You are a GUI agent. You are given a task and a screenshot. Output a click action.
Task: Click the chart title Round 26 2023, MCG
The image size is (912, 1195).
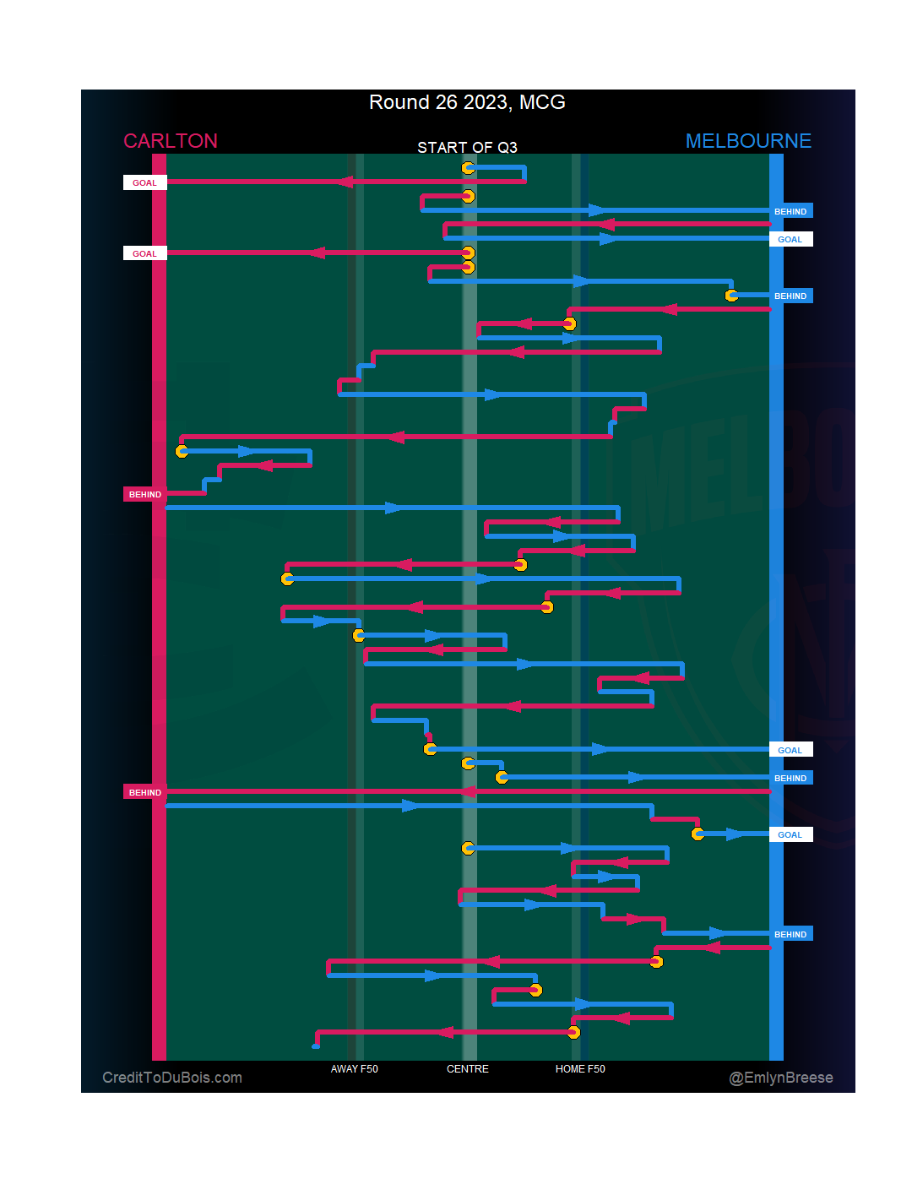[467, 102]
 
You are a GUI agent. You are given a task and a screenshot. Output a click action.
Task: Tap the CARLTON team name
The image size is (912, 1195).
[171, 141]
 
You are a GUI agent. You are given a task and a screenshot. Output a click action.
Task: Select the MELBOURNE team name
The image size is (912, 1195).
[748, 141]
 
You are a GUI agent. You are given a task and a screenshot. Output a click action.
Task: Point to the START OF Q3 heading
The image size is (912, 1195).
[467, 148]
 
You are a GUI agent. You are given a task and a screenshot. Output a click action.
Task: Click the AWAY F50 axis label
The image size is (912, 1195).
[355, 1069]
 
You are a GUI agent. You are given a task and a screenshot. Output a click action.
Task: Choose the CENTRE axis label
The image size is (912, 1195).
[468, 1069]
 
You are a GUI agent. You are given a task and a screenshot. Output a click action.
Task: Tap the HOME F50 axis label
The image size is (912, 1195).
[580, 1069]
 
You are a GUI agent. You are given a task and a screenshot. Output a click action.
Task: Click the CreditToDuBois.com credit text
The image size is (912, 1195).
[172, 1078]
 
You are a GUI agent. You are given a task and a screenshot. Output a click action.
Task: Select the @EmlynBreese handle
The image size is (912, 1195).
[781, 1078]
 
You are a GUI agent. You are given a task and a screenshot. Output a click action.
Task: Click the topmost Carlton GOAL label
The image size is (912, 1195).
[144, 182]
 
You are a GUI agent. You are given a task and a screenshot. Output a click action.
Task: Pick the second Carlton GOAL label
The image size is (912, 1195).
[144, 253]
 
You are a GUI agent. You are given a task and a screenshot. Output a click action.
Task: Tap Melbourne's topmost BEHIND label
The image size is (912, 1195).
[790, 211]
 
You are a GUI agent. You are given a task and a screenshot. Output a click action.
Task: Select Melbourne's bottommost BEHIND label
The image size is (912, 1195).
[790, 934]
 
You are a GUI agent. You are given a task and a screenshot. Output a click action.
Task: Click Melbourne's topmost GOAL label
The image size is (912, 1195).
[790, 239]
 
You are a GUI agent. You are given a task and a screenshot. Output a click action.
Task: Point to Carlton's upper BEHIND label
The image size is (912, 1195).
[144, 494]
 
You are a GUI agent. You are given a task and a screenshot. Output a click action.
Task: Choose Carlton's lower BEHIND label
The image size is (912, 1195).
[144, 792]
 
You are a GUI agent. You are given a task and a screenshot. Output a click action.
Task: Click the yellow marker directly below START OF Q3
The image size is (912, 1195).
[468, 168]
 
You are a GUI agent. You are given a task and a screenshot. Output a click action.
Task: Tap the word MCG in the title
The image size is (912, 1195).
[542, 102]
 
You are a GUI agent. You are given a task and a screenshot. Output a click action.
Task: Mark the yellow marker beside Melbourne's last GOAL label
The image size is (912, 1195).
[698, 834]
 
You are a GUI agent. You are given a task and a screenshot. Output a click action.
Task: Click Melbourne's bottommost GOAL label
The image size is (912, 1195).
[790, 834]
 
